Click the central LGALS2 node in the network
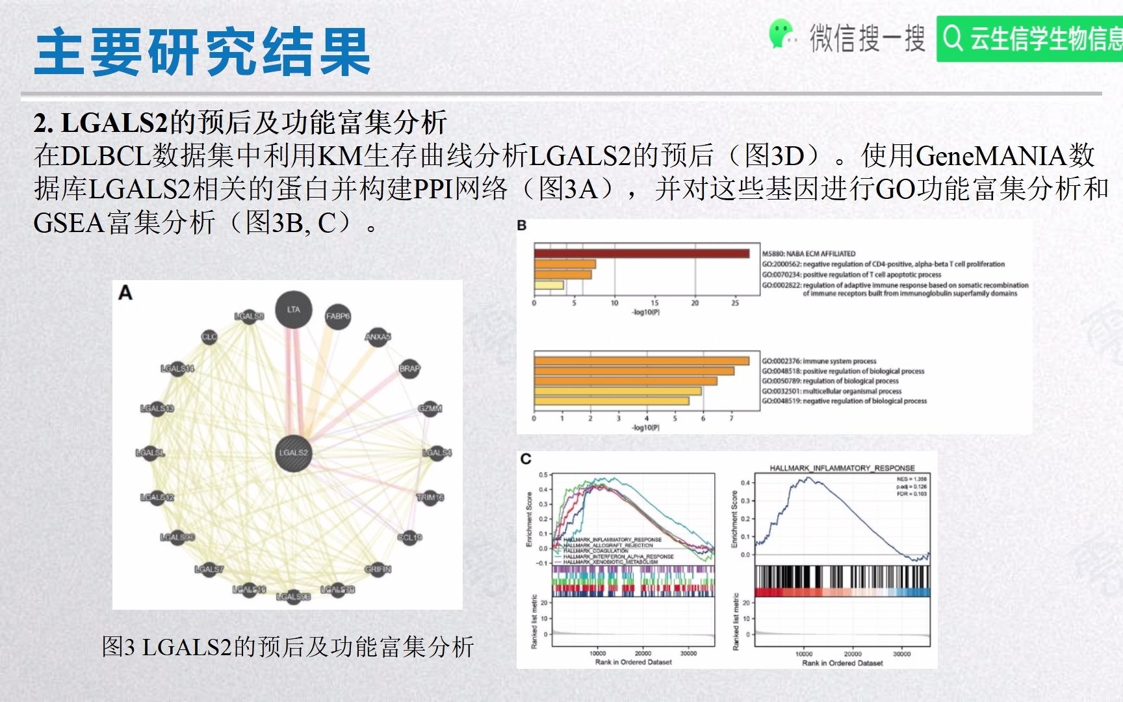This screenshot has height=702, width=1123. point(294,453)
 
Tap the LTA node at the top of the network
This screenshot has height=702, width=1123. point(294,310)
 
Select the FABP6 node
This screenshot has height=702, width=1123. point(337,317)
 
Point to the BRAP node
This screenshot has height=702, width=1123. point(409,369)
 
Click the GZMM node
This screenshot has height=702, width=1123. point(430,409)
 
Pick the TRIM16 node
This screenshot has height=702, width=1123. point(430,498)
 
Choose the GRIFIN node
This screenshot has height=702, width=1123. point(378,569)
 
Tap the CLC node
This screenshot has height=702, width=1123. point(209,337)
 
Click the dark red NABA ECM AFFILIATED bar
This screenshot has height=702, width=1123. point(641,253)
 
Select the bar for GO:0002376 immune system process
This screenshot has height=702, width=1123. point(641,361)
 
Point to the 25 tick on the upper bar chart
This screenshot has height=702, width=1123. point(735,303)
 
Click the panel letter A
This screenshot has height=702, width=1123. point(125,294)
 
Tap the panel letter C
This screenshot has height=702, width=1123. point(526,459)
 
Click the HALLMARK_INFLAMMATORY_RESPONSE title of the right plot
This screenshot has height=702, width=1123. point(842,468)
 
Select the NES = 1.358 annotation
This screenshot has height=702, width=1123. point(911,479)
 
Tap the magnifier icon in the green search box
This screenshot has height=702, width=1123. point(953,38)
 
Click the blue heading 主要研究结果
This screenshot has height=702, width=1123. point(202,52)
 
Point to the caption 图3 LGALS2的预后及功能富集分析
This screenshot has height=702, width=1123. point(288,647)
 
